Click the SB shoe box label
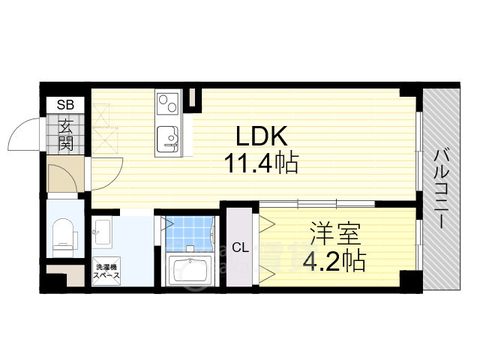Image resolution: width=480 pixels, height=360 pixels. coord(65,105)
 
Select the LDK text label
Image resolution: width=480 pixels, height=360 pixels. coord(262,136)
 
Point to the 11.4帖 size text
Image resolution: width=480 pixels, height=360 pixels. coord(261,163)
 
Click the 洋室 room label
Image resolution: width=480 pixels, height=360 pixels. coord(335,233)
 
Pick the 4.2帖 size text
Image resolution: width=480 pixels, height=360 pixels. coord(334,261)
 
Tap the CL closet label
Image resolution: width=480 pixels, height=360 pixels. coord(240,247)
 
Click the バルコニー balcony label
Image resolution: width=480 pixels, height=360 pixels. coord(441,188)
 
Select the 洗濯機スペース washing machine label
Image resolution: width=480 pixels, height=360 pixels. coord(106,271)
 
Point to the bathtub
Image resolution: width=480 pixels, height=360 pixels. coord(190,270)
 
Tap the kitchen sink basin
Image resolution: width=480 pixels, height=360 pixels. coord(167,139)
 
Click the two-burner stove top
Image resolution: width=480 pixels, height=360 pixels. coord(167,103)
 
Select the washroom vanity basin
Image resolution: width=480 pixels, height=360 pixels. coord(102,232)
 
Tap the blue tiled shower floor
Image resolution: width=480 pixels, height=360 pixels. coord(189,234)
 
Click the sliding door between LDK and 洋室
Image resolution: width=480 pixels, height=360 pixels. coord(316,203)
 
